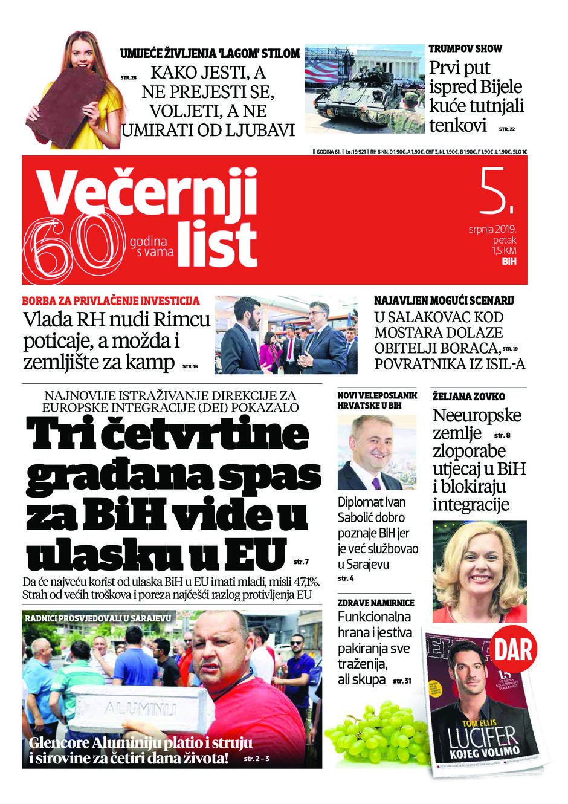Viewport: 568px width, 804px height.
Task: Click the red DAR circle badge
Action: tap(514, 650)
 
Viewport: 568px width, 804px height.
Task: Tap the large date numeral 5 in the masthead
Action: tap(495, 192)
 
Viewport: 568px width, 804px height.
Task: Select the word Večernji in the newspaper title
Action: tap(148, 190)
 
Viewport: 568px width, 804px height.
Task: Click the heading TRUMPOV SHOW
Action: tap(465, 49)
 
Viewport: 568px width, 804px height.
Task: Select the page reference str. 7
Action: tap(300, 562)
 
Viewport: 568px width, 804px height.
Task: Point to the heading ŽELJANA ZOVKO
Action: tap(468, 397)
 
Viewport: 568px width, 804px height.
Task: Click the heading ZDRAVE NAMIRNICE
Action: tap(375, 603)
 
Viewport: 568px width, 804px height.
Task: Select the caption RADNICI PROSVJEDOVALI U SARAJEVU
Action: tap(98, 618)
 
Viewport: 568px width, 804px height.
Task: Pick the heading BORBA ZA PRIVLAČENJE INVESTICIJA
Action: tap(111, 300)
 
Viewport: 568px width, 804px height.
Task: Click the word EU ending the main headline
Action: tap(254, 551)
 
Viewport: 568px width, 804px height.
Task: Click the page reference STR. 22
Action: tap(506, 129)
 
